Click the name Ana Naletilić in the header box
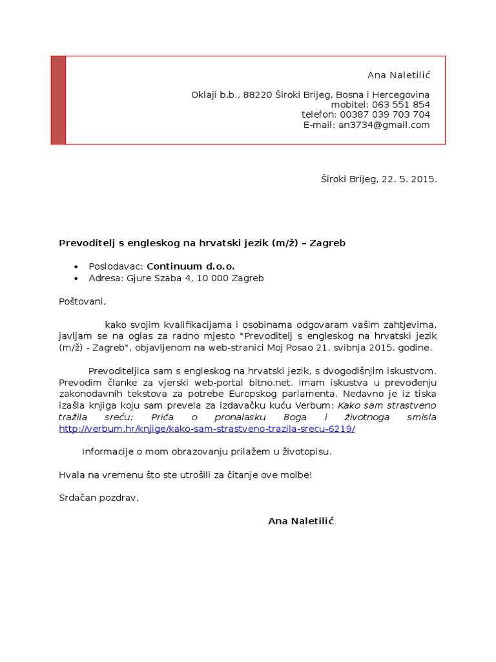pyautogui.click(x=398, y=75)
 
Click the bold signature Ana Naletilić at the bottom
pyautogui.click(x=300, y=521)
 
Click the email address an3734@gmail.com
pyautogui.click(x=384, y=125)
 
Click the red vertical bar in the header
pyautogui.click(x=58, y=100)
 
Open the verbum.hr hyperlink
pyautogui.click(x=207, y=429)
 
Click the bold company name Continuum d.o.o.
pyautogui.click(x=191, y=266)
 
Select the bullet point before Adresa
pyautogui.click(x=76, y=279)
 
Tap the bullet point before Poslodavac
pyautogui.click(x=76, y=266)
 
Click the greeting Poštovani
pyautogui.click(x=81, y=301)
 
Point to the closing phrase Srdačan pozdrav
pyautogui.click(x=98, y=498)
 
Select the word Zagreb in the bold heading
pyautogui.click(x=327, y=243)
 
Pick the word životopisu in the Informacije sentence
pyautogui.click(x=309, y=451)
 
